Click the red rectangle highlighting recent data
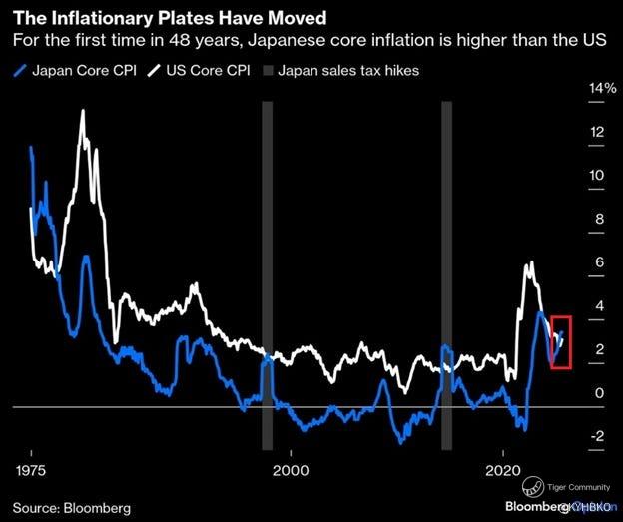(x=561, y=341)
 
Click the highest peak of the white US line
(x=82, y=111)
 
